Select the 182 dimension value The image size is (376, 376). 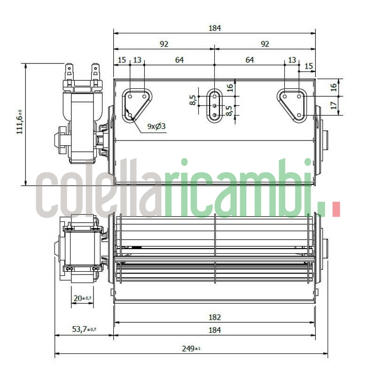[214, 318]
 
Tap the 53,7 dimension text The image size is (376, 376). [84, 330]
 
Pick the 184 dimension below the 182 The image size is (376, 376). [214, 330]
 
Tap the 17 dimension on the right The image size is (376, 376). [334, 106]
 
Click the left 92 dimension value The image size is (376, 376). [164, 44]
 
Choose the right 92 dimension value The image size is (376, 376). [265, 44]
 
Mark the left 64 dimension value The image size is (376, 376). [179, 60]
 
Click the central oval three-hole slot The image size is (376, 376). [214, 105]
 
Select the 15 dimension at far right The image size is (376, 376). [308, 66]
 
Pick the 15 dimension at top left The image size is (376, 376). [122, 60]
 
